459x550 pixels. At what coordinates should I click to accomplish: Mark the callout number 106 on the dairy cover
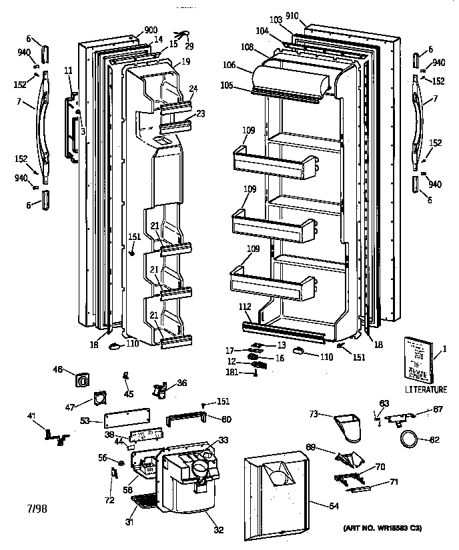230,65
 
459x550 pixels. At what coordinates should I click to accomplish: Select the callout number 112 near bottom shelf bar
245,307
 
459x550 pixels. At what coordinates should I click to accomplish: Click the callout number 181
232,372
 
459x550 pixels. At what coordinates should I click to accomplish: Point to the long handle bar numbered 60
187,418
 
